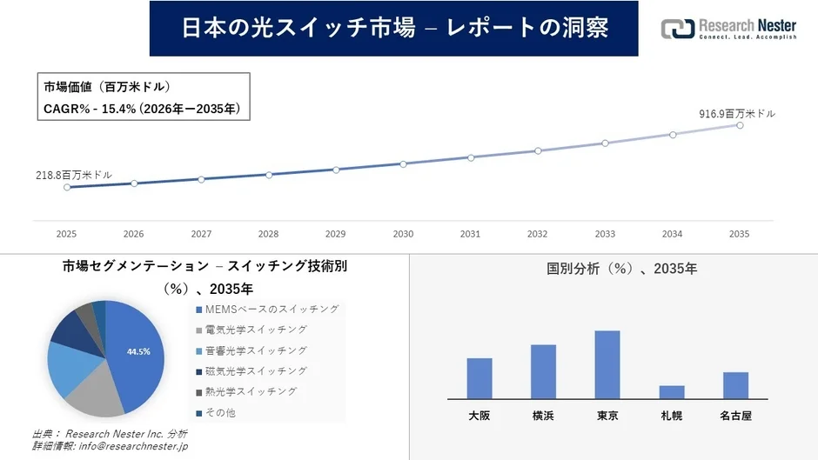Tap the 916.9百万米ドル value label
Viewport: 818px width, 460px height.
[x=737, y=114]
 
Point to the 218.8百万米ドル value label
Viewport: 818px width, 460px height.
[x=74, y=175]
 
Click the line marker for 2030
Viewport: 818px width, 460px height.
[x=403, y=163]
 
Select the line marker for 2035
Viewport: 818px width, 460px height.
[x=740, y=125]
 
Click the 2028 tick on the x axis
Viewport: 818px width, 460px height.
[x=268, y=234]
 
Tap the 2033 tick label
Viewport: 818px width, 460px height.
[x=605, y=234]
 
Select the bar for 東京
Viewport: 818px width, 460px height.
[x=607, y=364]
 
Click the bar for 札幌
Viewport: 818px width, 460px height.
[x=672, y=391]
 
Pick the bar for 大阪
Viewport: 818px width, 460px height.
[x=479, y=377]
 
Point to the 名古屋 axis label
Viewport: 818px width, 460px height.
[x=735, y=416]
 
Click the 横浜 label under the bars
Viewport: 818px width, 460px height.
[x=543, y=416]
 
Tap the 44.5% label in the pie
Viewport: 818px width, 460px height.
[x=139, y=351]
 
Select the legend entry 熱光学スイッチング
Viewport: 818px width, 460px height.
[x=251, y=392]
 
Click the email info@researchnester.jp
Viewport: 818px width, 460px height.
[x=131, y=447]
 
